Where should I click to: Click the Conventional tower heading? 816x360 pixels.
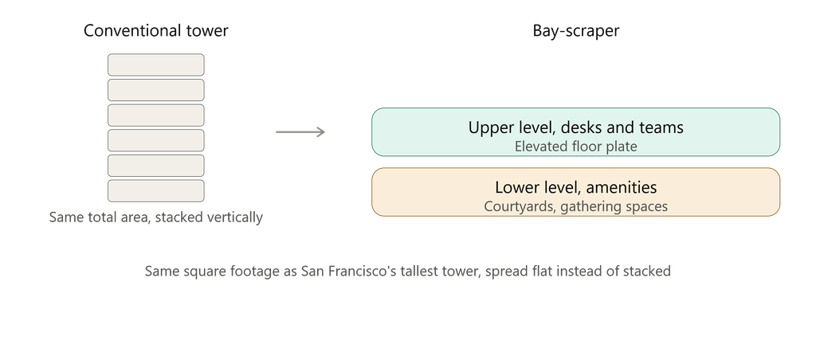155,31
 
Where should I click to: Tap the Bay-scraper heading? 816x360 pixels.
575,31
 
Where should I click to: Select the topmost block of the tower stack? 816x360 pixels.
156,65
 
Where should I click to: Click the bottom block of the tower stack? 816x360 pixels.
156,191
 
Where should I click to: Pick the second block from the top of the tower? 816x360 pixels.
156,90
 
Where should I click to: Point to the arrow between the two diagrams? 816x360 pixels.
300,132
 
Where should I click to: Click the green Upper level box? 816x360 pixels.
575,132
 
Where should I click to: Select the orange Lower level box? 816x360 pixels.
575,192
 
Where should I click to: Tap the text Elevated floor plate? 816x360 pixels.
575,147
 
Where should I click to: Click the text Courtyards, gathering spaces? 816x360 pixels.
575,206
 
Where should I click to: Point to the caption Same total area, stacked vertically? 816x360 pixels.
155,217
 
